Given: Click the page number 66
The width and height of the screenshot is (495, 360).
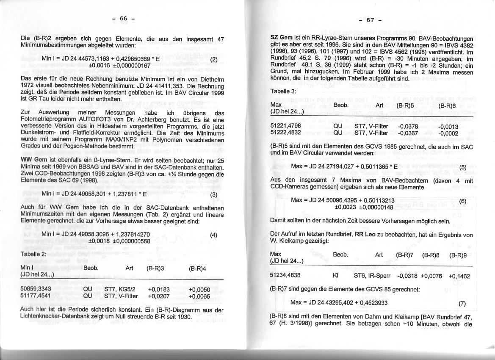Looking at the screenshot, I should coord(123,18).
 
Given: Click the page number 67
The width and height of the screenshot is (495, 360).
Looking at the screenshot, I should coord(371,19).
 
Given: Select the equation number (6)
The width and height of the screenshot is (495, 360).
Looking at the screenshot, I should coord(462,201).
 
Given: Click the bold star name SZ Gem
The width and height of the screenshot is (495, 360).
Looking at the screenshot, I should coord(281,38).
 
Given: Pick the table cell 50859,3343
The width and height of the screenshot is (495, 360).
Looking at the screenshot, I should coord(36,289).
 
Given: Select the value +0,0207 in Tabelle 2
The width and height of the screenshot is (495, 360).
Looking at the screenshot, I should coord(159,296).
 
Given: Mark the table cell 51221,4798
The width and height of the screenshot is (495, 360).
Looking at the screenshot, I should coord(285,126).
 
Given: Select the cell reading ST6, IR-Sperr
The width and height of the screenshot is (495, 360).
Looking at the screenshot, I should coord(373,275).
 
